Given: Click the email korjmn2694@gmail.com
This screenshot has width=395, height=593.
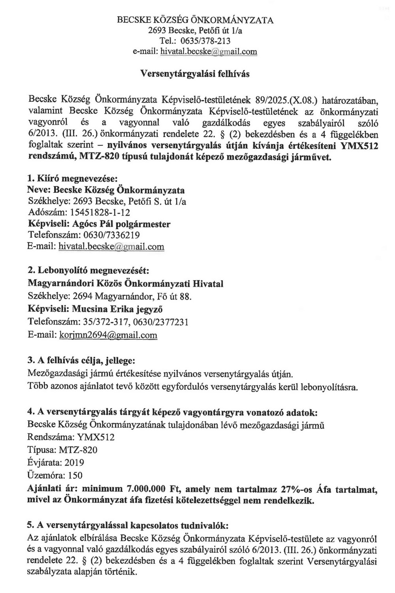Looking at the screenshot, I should point(108,335).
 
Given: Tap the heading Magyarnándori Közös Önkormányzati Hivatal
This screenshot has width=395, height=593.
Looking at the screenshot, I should point(126,284).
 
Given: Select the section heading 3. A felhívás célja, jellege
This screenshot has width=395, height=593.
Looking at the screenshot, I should point(81,361).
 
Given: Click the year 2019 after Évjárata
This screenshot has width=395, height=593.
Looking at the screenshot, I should point(74,463).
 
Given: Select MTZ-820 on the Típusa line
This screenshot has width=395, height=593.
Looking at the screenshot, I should point(78,450).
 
